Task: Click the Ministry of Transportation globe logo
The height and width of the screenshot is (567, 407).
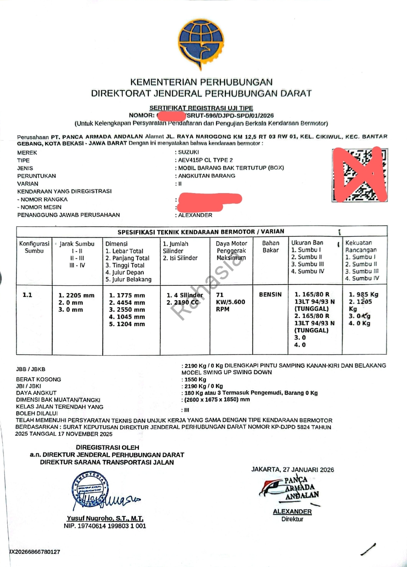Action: tap(201, 44)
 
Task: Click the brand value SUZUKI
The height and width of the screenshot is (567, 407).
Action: tap(188, 152)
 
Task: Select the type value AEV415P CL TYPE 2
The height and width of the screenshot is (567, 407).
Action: tap(205, 160)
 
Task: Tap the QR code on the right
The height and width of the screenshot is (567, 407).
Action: tap(360, 175)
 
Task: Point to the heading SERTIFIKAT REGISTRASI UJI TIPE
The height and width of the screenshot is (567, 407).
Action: tap(201, 108)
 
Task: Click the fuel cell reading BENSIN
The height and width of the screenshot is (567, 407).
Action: tap(270, 294)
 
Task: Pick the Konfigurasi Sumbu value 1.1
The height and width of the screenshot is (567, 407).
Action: tap(27, 295)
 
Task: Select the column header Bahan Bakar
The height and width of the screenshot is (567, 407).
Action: tap(271, 247)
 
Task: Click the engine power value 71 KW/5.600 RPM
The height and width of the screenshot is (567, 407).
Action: tap(230, 302)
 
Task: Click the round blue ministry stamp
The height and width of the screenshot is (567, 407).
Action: tap(89, 489)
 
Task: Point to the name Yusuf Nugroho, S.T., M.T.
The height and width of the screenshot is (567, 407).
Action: tap(105, 518)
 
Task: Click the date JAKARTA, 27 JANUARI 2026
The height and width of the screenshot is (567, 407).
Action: tap(292, 469)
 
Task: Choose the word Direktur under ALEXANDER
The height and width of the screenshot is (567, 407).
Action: tap(292, 519)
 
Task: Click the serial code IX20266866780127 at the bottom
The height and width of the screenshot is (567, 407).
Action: tap(35, 552)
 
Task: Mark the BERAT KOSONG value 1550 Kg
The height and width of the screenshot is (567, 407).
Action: tap(195, 379)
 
